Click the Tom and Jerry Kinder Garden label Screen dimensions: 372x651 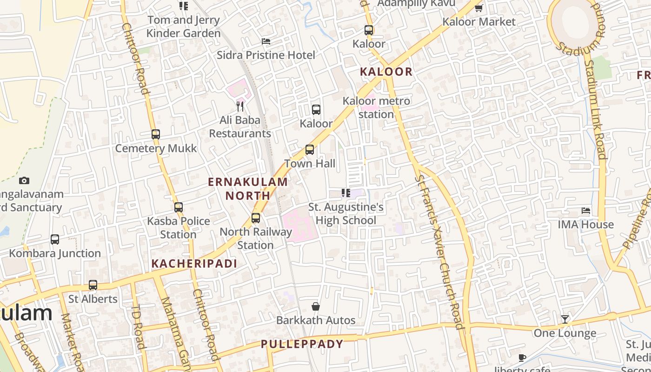click(183, 27)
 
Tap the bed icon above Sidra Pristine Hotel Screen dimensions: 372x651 click(266, 41)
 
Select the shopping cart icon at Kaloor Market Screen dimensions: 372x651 click(479, 8)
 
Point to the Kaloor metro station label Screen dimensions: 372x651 click(376, 107)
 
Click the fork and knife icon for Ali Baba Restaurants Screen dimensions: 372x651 click(240, 106)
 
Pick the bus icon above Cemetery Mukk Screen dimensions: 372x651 click(156, 134)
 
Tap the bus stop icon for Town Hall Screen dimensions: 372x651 click(310, 150)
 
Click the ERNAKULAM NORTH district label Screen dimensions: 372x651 click(248, 188)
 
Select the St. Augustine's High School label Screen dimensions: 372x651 click(346, 213)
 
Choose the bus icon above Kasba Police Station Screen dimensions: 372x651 click(179, 207)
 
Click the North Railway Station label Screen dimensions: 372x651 click(256, 238)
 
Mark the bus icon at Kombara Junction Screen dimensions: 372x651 click(55, 239)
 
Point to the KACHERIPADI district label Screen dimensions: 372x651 click(194, 264)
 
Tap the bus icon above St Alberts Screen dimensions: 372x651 click(93, 285)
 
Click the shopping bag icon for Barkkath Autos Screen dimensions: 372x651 click(316, 306)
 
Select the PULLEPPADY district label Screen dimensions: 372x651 click(302, 344)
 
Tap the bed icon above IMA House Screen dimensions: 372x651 click(586, 211)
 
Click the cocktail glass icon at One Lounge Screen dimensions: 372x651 click(565, 319)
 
